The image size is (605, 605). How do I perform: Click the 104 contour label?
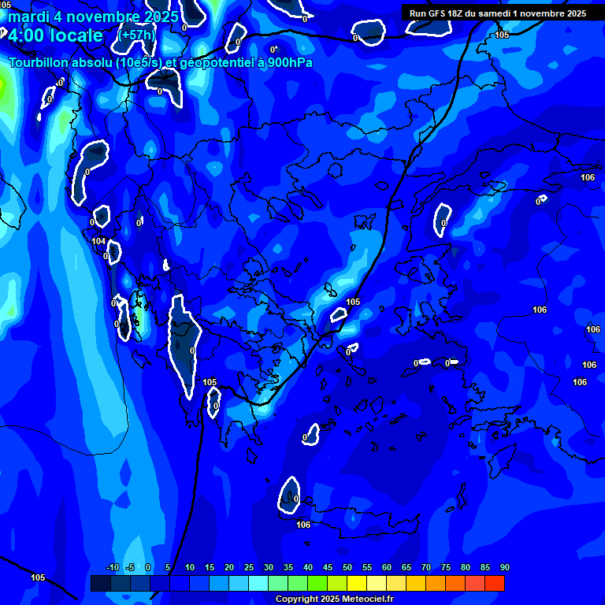click(x=98, y=242)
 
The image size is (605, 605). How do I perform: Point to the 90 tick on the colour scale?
click(x=504, y=567)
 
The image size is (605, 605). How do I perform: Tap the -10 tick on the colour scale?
click(x=112, y=567)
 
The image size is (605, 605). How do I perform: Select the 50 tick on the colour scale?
click(x=347, y=567)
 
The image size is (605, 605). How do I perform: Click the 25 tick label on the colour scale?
click(x=249, y=567)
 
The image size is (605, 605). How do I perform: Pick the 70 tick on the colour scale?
click(x=426, y=567)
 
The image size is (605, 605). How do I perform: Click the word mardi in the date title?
click(x=28, y=17)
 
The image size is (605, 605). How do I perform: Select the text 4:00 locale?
click(x=55, y=35)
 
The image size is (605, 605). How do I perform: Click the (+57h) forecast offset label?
click(x=137, y=35)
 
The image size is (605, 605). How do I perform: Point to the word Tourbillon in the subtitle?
click(x=40, y=63)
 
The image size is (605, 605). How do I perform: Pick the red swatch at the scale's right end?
click(x=495, y=583)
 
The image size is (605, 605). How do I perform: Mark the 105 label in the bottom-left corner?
click(x=38, y=577)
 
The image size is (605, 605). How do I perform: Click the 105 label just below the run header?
click(x=503, y=35)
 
